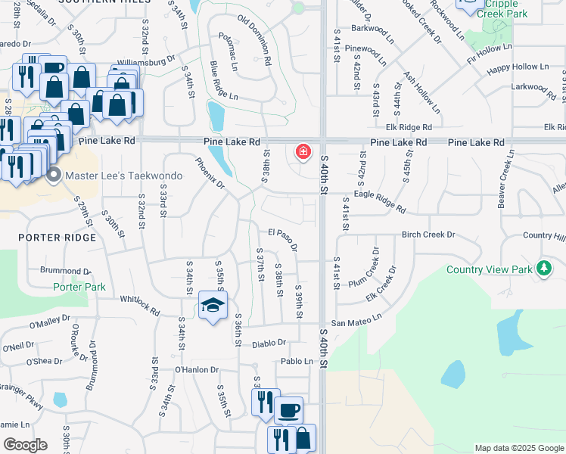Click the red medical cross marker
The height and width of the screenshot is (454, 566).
[x=303, y=152]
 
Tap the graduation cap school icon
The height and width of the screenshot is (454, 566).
[x=213, y=306]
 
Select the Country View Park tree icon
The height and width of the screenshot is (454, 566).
[x=543, y=268]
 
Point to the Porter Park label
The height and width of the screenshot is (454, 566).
[x=79, y=287]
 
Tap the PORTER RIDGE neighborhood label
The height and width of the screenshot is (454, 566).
[x=58, y=238]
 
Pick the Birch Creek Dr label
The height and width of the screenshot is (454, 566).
[x=428, y=235]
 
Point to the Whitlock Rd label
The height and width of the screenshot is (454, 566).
[x=139, y=306]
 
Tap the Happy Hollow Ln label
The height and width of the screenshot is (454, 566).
[x=518, y=67]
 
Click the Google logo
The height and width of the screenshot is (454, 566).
[x=25, y=444]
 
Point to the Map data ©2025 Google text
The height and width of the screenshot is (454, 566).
[x=518, y=448]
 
